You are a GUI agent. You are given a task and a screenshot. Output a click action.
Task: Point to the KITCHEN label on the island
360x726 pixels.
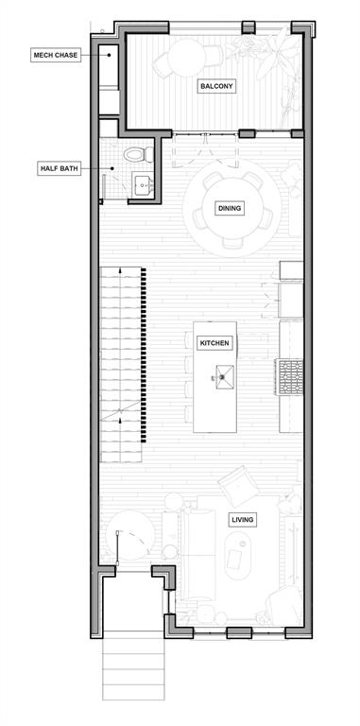click(214, 343)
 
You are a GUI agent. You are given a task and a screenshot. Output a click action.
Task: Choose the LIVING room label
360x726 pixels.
click(241, 519)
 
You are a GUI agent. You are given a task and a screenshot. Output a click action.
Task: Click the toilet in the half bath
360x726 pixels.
click(134, 154)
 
